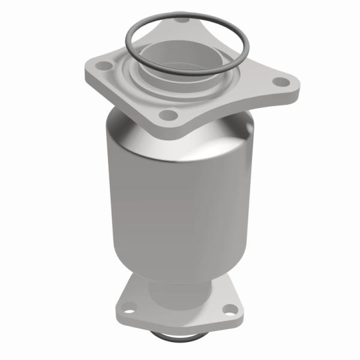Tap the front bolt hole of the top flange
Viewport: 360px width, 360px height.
(x=170, y=114)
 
